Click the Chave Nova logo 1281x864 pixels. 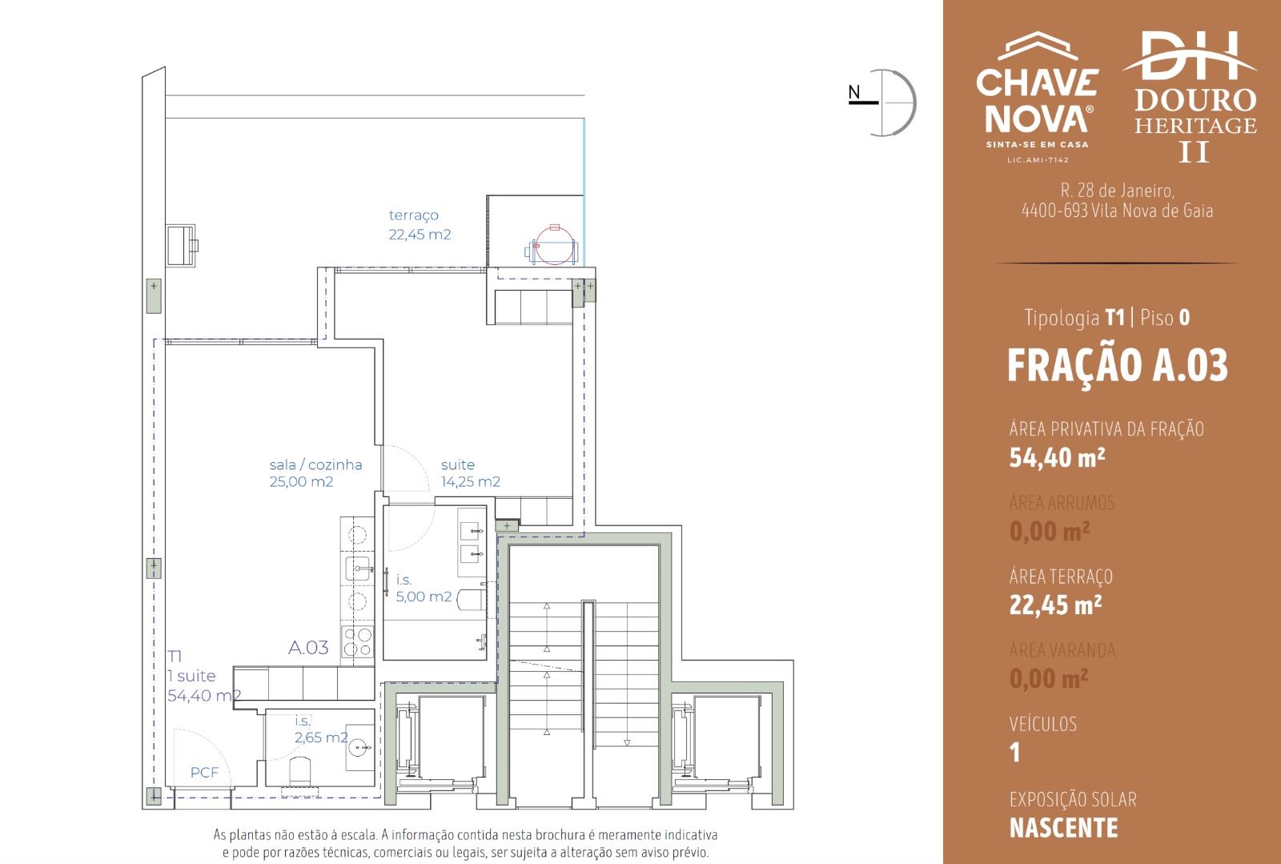click(x=1038, y=97)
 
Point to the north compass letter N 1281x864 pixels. click(x=853, y=92)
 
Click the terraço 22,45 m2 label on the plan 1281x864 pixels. click(x=420, y=225)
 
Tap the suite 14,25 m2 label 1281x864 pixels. click(x=470, y=473)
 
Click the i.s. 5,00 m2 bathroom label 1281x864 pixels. click(x=424, y=589)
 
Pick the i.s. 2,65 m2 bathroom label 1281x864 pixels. click(x=321, y=729)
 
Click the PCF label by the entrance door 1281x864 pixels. click(x=204, y=773)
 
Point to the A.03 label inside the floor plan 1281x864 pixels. click(x=308, y=647)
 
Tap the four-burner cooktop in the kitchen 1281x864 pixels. click(x=357, y=641)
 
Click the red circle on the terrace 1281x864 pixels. click(x=555, y=245)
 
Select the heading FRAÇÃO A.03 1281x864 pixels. click(x=1118, y=366)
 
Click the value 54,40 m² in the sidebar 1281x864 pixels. click(x=1057, y=458)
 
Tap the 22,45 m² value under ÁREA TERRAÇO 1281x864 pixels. click(x=1055, y=605)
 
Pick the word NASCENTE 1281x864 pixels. click(x=1064, y=828)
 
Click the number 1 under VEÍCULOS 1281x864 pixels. click(x=1015, y=753)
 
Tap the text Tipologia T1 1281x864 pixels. click(x=1074, y=318)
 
